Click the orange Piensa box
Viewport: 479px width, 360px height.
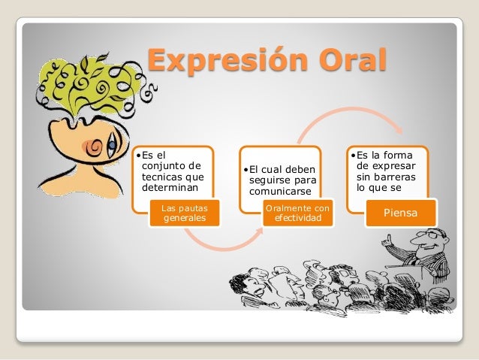point(402,213)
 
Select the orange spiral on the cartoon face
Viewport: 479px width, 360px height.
point(94,147)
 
